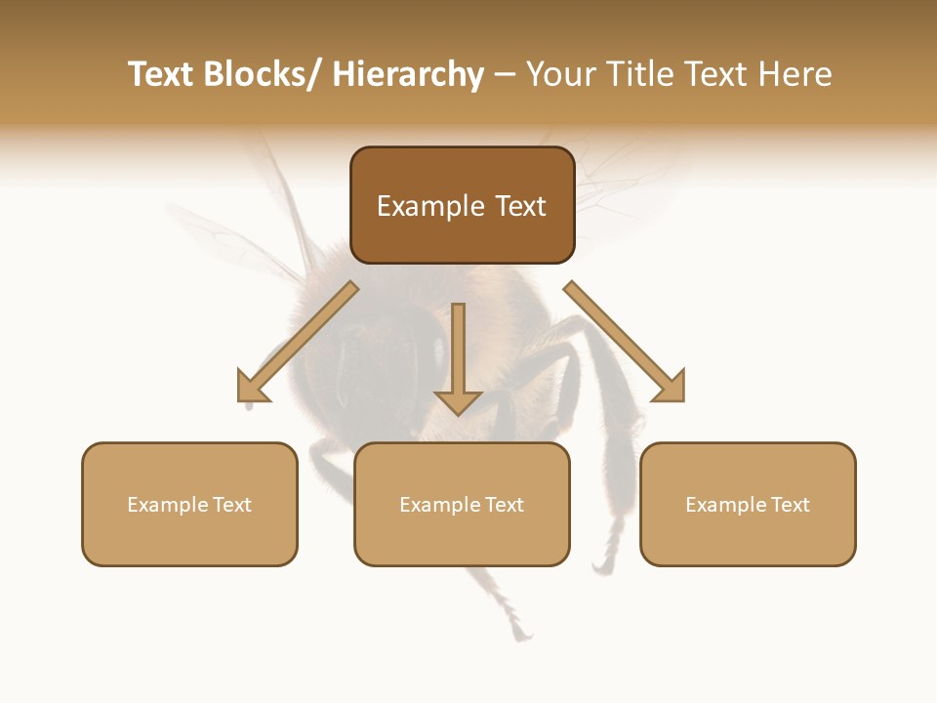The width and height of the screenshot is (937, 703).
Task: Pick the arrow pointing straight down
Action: pos(458,356)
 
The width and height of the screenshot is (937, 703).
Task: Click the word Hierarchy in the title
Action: pos(408,74)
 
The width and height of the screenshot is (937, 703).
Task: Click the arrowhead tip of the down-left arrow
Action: pos(240,399)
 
